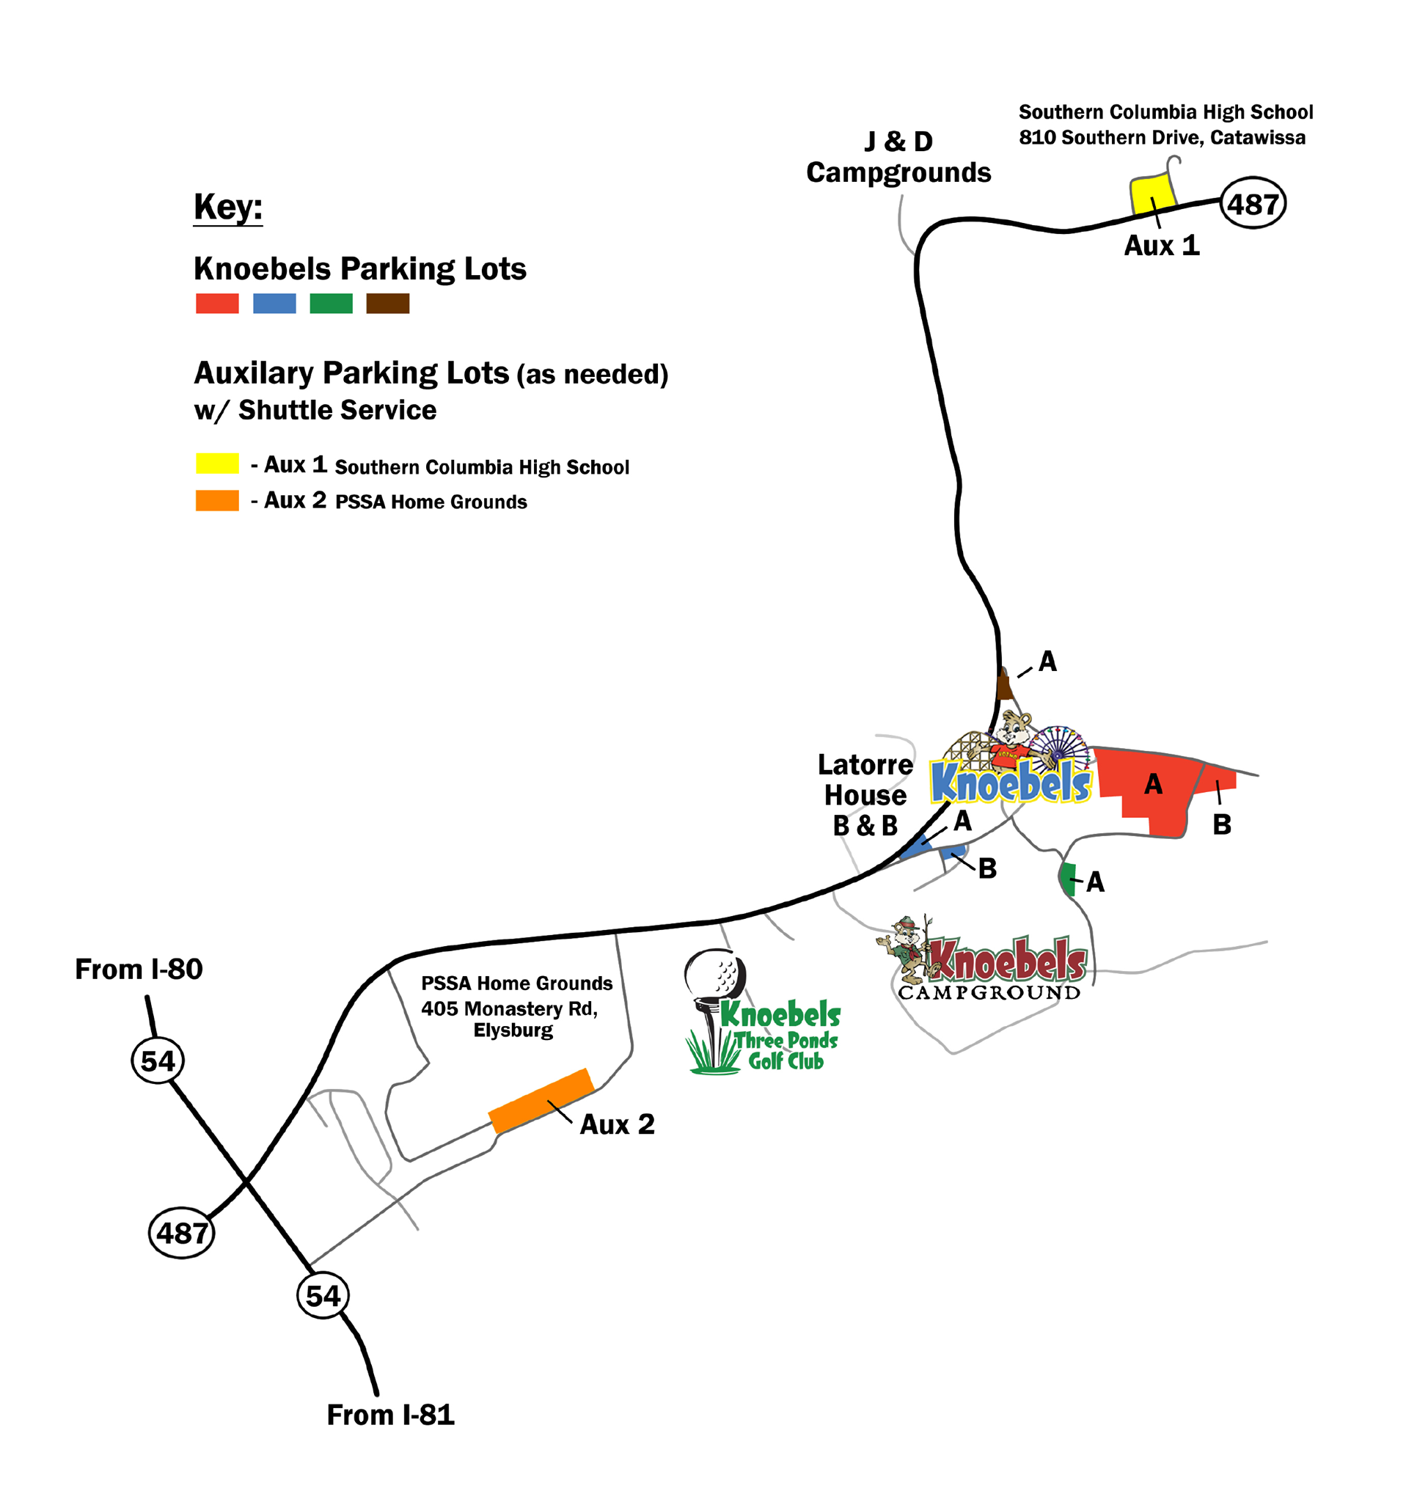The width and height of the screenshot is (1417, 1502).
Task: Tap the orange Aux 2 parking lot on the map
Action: pos(541,1102)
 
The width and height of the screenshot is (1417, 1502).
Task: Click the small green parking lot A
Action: pos(1068,879)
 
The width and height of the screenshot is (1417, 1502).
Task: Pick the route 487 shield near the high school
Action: pos(1253,203)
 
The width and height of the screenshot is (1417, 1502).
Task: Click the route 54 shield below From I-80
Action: pos(158,1060)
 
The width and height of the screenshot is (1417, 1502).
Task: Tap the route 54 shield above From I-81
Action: pos(323,1296)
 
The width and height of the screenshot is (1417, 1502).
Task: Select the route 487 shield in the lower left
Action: pos(181,1233)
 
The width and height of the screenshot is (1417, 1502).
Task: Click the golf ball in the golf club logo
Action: pos(715,973)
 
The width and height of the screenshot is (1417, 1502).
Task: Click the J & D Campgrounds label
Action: pos(898,156)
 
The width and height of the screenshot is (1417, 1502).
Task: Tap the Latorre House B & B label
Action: pos(865,795)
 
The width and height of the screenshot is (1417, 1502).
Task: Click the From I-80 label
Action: pos(139,970)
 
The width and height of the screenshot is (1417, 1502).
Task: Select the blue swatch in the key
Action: pos(274,303)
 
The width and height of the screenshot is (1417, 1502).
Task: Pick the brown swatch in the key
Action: pos(388,303)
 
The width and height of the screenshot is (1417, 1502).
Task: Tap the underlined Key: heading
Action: pos(228,207)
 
